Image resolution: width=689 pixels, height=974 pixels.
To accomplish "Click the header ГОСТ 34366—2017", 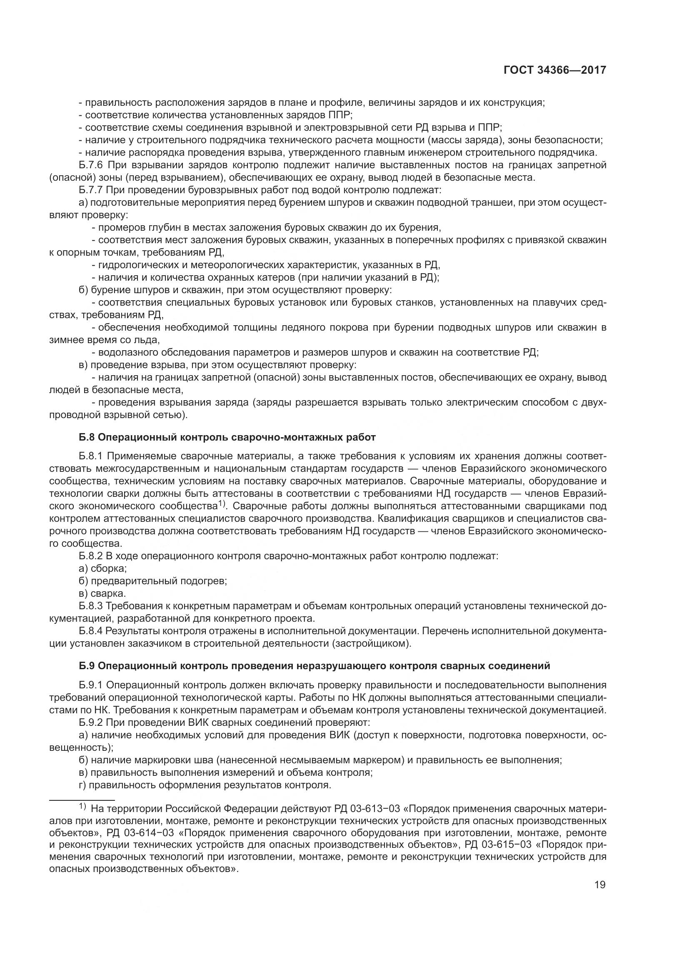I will tap(554, 70).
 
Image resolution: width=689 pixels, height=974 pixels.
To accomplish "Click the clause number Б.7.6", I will tap(91, 165).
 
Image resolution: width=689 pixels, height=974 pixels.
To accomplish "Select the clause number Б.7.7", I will tap(91, 190).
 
